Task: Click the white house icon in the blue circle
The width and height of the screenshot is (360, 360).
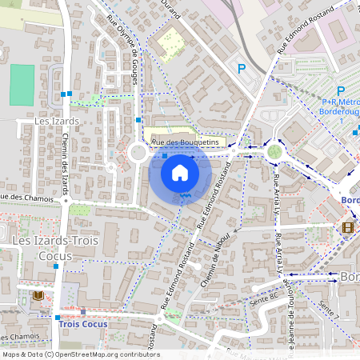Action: [180, 172]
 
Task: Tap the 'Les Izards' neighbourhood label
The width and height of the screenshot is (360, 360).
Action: [58, 121]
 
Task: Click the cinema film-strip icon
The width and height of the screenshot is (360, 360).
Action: [346, 227]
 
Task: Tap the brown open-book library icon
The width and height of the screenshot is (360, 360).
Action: [38, 295]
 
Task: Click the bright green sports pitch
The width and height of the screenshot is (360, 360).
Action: [22, 85]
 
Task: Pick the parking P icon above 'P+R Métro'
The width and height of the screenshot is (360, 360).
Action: [340, 91]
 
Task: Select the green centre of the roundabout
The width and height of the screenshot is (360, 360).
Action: [274, 151]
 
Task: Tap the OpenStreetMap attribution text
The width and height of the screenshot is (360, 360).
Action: [80, 354]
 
